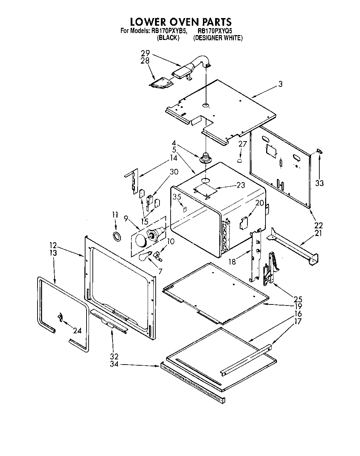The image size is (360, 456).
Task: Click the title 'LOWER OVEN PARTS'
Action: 180,22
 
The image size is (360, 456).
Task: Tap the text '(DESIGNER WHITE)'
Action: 218,38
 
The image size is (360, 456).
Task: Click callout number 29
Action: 145,53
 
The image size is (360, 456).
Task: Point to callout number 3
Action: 280,84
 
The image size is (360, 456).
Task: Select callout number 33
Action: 319,182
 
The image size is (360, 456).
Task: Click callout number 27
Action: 243,144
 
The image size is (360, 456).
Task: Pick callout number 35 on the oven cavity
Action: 177,197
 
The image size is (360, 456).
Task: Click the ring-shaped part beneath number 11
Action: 117,236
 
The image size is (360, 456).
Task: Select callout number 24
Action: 77,331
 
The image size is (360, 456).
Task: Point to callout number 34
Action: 114,364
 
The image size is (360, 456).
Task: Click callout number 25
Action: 298,299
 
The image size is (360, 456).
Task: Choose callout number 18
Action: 232,261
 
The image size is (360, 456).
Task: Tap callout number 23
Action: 241,185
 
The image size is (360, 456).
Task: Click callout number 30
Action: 174,171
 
